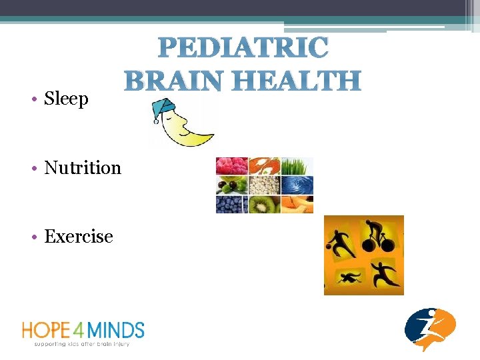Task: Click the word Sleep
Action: click(x=66, y=99)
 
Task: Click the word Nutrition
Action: click(x=83, y=168)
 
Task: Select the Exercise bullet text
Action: click(x=79, y=237)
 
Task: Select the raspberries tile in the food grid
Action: click(x=231, y=166)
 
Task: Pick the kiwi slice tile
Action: click(x=264, y=204)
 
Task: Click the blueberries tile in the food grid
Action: click(x=231, y=204)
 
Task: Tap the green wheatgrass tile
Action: click(x=297, y=166)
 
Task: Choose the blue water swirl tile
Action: click(x=297, y=185)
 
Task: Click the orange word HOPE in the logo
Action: click(x=45, y=330)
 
